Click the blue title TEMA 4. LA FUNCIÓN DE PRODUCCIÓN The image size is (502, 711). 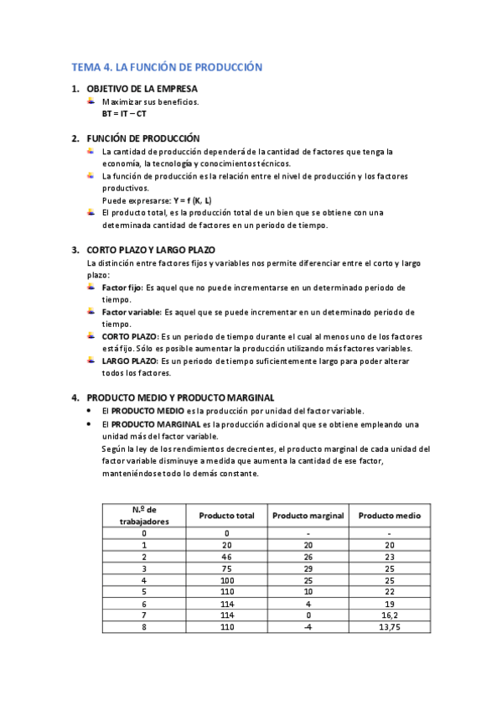pos(168,66)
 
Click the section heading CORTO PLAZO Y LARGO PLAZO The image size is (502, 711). pos(151,250)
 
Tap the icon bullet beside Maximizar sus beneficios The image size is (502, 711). pos(91,101)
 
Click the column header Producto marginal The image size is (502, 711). pos(308,515)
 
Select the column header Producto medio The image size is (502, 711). pos(389,515)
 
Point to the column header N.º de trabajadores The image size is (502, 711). pos(144,515)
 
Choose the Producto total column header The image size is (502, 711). pos(226,515)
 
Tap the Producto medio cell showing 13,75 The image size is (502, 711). pos(389,626)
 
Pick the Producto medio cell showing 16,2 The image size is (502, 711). pos(389,615)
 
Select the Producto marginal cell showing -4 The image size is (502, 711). pos(308,626)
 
